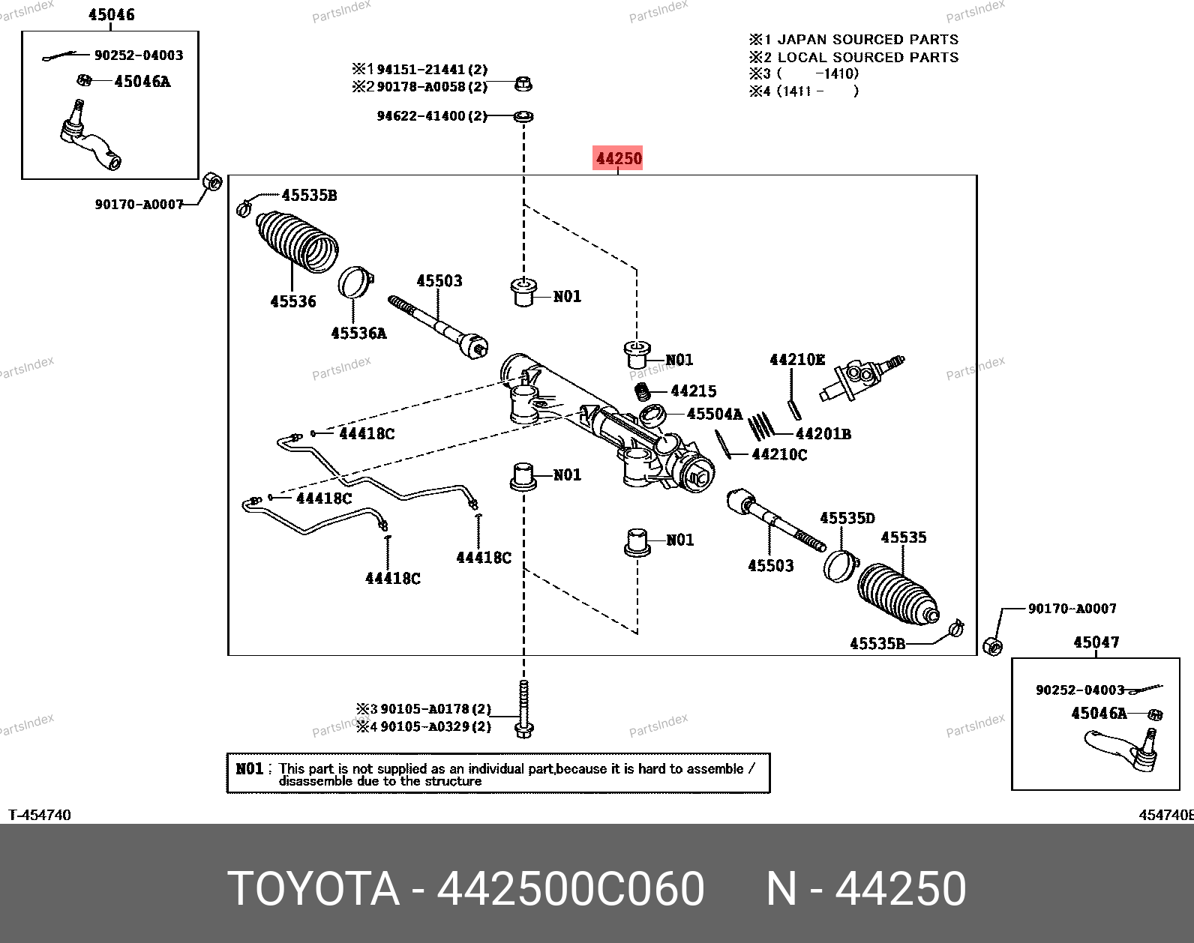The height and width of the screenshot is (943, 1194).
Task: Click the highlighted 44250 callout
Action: (x=617, y=159)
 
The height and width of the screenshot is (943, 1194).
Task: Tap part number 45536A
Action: (x=358, y=334)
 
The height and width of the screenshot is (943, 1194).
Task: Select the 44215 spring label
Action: (x=694, y=391)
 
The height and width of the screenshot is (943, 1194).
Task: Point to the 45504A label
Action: (x=715, y=414)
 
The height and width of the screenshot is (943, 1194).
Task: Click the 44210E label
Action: (x=797, y=360)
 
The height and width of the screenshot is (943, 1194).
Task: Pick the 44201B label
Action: (x=823, y=434)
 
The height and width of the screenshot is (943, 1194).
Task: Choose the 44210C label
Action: (x=779, y=454)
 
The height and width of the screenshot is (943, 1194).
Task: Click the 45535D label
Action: (x=847, y=518)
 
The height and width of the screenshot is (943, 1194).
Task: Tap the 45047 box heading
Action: (x=1096, y=642)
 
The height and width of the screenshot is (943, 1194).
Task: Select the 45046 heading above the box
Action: (x=112, y=14)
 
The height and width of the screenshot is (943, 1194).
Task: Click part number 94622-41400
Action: (x=421, y=116)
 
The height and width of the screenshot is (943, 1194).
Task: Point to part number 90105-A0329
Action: (x=425, y=726)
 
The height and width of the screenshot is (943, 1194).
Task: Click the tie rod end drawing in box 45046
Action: (x=90, y=136)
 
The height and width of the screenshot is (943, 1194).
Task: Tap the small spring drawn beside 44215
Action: (x=642, y=391)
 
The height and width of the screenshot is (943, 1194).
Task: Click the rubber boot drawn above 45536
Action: (x=297, y=241)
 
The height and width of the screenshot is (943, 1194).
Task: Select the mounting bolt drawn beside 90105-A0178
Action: (x=524, y=709)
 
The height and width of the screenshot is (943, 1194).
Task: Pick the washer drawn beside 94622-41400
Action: (x=523, y=116)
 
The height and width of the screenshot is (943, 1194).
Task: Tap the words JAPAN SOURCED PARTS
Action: (x=868, y=40)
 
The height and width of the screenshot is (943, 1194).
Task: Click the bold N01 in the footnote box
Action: (x=249, y=769)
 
